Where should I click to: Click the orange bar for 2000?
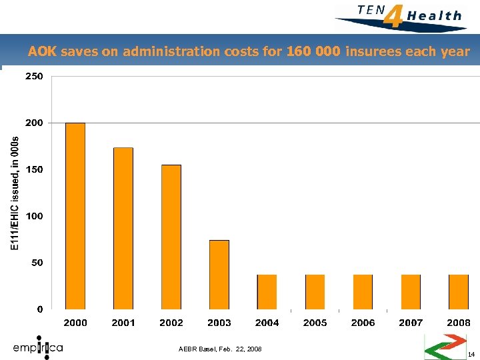coord(75,216)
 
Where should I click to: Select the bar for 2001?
coord(123,228)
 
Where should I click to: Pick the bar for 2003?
coord(219,274)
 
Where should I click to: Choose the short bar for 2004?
coord(267,292)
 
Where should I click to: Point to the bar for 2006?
coord(363,292)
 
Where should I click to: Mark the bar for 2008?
coord(459,292)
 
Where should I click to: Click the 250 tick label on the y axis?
coord(34,77)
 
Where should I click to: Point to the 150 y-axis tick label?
coord(34,170)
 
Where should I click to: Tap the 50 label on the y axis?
coord(37,263)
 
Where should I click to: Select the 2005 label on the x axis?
coord(315,323)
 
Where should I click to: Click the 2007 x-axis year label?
coord(411,323)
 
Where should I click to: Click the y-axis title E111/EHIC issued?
coord(16,193)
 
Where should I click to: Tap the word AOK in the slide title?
coord(42,51)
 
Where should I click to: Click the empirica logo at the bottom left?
coord(38,347)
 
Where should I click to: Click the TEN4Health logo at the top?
coord(400,15)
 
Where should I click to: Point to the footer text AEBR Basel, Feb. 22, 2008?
coord(221,349)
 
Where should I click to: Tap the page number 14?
coord(471,354)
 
